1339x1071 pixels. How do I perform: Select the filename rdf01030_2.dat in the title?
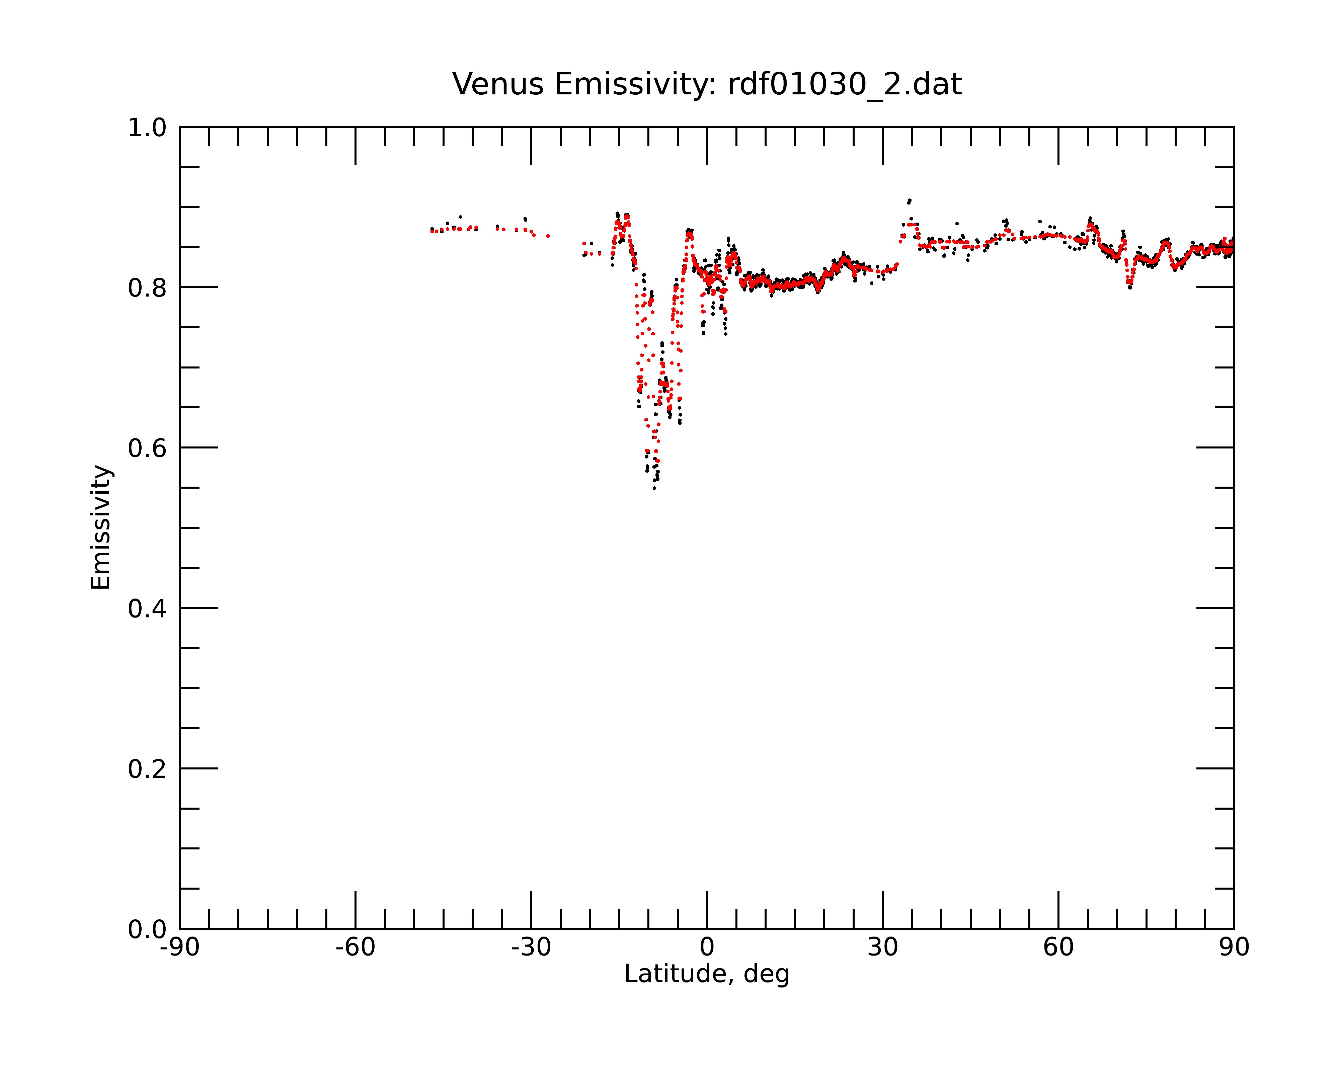click(845, 84)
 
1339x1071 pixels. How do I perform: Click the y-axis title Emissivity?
click(101, 527)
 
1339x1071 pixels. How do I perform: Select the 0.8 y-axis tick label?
click(147, 288)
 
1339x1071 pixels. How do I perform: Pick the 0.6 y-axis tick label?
click(147, 448)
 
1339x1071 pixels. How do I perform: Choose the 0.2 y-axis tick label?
click(147, 769)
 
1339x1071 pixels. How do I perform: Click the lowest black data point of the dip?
click(654, 489)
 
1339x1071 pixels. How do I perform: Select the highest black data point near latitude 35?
click(910, 200)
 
